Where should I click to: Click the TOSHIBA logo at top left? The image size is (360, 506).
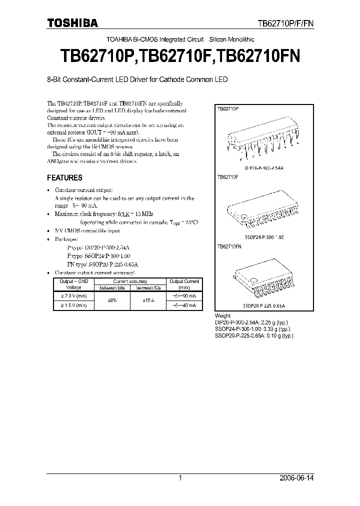coord(72,23)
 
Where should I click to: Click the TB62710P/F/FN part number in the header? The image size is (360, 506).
coord(285,23)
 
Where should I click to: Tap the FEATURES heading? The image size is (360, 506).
coord(64,177)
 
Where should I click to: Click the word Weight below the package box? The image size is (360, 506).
coord(222,316)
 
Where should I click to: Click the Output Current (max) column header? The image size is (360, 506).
coord(184,284)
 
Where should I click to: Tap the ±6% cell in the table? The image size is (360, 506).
coord(112,300)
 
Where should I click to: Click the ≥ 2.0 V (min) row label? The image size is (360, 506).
coord(73,296)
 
